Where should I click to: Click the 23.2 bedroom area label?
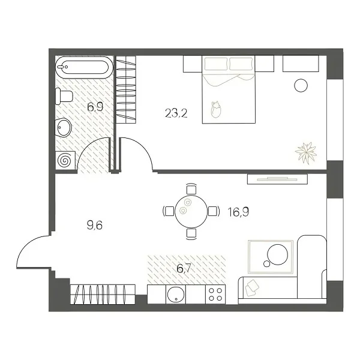(176, 112)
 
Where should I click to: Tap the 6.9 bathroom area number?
(95, 107)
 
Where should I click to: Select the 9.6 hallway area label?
(95, 226)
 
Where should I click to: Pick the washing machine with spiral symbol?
(64, 160)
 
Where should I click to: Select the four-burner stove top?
(215, 295)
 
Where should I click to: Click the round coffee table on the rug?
(277, 256)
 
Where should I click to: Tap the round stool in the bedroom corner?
(301, 85)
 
